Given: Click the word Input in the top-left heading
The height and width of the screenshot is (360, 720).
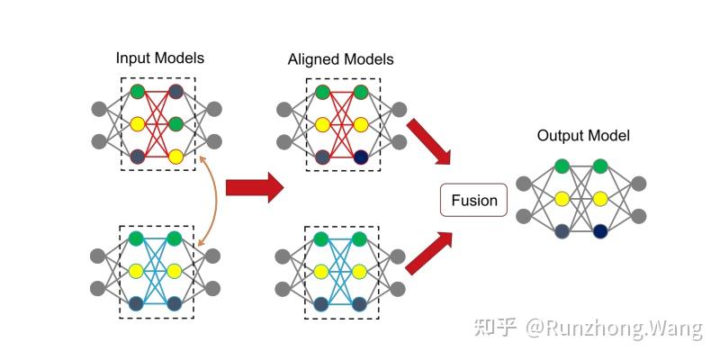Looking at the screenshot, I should coord(132,58).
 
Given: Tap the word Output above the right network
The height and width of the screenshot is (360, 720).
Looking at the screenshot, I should coord(561,136).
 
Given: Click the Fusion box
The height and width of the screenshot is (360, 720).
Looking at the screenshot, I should coord(473,200).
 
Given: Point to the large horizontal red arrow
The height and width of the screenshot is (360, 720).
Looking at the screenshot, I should coord(254,187).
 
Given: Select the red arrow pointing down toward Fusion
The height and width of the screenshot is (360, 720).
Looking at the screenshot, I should coord(427,141).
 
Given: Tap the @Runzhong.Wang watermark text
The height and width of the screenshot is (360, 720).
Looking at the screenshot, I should coord(615,327).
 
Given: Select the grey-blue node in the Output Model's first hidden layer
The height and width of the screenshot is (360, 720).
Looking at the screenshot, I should coord(562,231).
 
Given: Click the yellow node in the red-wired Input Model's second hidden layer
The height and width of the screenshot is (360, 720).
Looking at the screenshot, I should coord(176,157).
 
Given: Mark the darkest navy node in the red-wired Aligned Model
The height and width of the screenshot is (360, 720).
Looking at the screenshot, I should coord(362,157).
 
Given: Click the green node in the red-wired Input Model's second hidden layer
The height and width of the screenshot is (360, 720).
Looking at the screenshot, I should coord(176,123).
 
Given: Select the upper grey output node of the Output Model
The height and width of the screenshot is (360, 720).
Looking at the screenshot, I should coord(639,184).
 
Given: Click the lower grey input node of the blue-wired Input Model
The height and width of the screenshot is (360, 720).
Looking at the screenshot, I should coord(99,288).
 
